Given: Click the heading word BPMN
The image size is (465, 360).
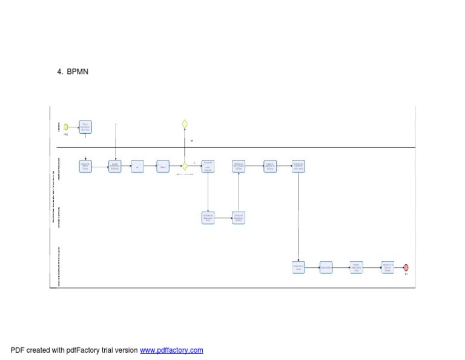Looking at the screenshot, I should point(77,72).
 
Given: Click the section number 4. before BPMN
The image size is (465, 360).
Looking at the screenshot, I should point(60,72).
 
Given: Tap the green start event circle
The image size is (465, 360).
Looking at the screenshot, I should point(66,127).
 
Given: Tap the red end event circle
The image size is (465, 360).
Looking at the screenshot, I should point(406,267).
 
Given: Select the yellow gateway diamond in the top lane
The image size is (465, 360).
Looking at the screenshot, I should point(185,124).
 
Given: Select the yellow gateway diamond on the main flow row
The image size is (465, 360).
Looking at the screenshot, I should point(185,166).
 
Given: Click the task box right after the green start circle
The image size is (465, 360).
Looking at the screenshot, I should point(85,127).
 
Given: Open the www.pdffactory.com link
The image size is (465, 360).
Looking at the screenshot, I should point(171,350).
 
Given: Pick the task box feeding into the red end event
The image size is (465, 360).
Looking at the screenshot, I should point(387,267).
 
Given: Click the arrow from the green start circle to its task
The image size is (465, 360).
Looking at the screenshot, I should point(74,127).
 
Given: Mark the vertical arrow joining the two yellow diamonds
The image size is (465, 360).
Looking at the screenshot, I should point(185,145).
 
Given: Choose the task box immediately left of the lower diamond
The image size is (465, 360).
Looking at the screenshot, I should point(162,166).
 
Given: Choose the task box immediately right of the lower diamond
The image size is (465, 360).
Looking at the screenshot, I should point(208,166).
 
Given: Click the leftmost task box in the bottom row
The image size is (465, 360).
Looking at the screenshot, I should point(298,267).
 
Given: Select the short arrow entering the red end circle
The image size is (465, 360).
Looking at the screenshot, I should point(398,267).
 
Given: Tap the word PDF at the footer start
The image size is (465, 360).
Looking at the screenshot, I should point(17,350).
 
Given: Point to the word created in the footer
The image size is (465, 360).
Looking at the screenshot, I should point(38,350).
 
